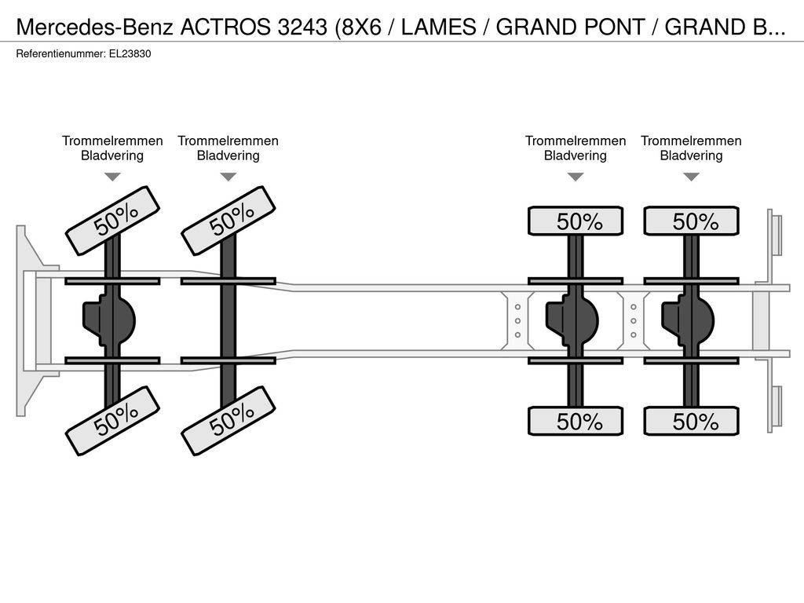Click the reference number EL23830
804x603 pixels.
[130, 54]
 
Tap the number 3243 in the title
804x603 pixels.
[302, 27]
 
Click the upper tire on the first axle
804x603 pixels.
[113, 221]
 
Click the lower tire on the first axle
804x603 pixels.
[113, 421]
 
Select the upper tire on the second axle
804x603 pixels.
[228, 221]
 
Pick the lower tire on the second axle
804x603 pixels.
[228, 421]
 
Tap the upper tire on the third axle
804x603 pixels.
[576, 221]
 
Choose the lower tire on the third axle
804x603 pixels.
[576, 422]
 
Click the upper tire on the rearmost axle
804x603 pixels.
[692, 221]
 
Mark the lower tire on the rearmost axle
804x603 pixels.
[692, 422]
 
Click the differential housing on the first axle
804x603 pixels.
[108, 321]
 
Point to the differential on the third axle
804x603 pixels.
[572, 321]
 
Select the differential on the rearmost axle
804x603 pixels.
[688, 321]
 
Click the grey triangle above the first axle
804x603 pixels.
[112, 177]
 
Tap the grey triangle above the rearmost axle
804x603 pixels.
[691, 177]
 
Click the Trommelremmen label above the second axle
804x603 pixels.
[228, 141]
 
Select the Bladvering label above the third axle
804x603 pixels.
[576, 156]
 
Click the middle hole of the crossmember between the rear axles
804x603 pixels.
[634, 321]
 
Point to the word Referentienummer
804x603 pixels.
[60, 54]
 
